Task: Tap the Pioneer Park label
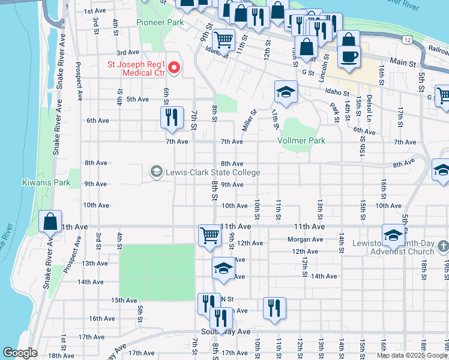click(160, 22)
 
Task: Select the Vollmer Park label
click(301, 140)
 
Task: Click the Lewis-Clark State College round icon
click(156, 172)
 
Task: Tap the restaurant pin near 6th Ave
click(172, 118)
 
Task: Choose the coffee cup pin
click(349, 57)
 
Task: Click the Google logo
click(20, 353)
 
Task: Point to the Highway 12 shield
click(408, 40)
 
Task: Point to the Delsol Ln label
click(368, 104)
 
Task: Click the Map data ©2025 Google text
click(412, 355)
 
